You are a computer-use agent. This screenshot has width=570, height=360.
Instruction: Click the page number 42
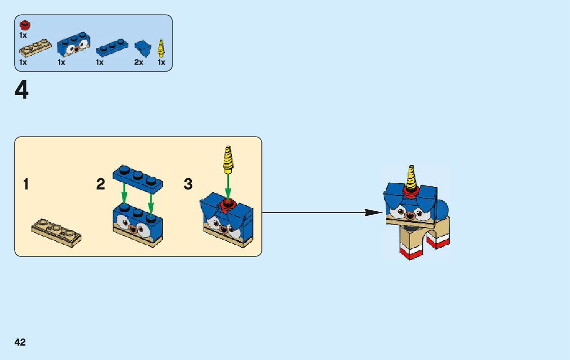tap(20, 342)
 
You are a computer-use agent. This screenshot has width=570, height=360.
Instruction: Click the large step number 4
tap(21, 91)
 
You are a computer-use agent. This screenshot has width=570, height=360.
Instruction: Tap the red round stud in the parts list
tap(23, 25)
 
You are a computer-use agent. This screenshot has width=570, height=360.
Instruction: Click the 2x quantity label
tap(139, 62)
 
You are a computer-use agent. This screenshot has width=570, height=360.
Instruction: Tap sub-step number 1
tap(26, 184)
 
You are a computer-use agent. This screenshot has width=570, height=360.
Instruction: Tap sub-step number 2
tap(100, 184)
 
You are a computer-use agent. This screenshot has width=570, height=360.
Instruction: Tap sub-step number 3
tap(188, 184)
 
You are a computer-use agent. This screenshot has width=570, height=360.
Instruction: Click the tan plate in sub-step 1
tap(56, 232)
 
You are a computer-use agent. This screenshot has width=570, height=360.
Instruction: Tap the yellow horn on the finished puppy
tap(411, 177)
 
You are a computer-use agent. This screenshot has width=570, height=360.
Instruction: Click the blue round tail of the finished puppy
tap(441, 208)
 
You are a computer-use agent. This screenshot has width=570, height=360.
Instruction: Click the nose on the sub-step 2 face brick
tap(135, 228)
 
